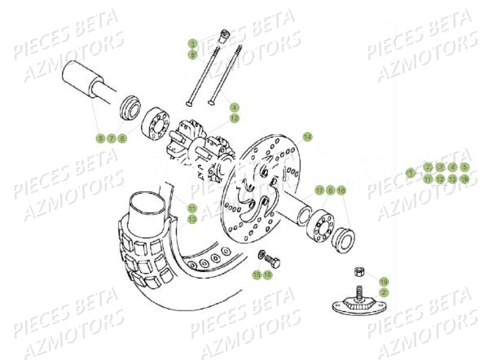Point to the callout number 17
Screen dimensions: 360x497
pyautogui.click(x=319, y=190)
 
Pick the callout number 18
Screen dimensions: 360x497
pyautogui.click(x=341, y=190)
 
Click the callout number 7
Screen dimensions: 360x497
pyautogui.click(x=112, y=138)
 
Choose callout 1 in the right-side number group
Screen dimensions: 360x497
pyautogui.click(x=411, y=173)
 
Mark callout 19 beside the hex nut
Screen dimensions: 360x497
pyautogui.click(x=384, y=280)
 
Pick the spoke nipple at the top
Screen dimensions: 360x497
pyautogui.click(x=222, y=35)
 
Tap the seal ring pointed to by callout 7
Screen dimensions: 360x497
pyautogui.click(x=128, y=106)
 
